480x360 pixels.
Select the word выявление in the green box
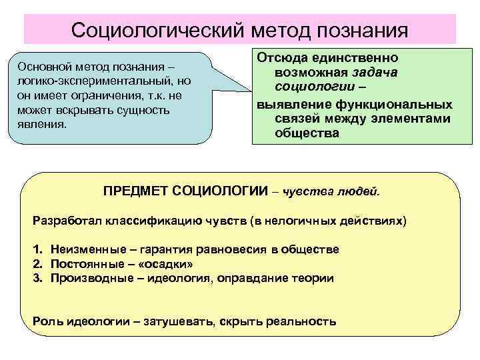point(287,105)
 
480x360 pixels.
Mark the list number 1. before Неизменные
point(37,249)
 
